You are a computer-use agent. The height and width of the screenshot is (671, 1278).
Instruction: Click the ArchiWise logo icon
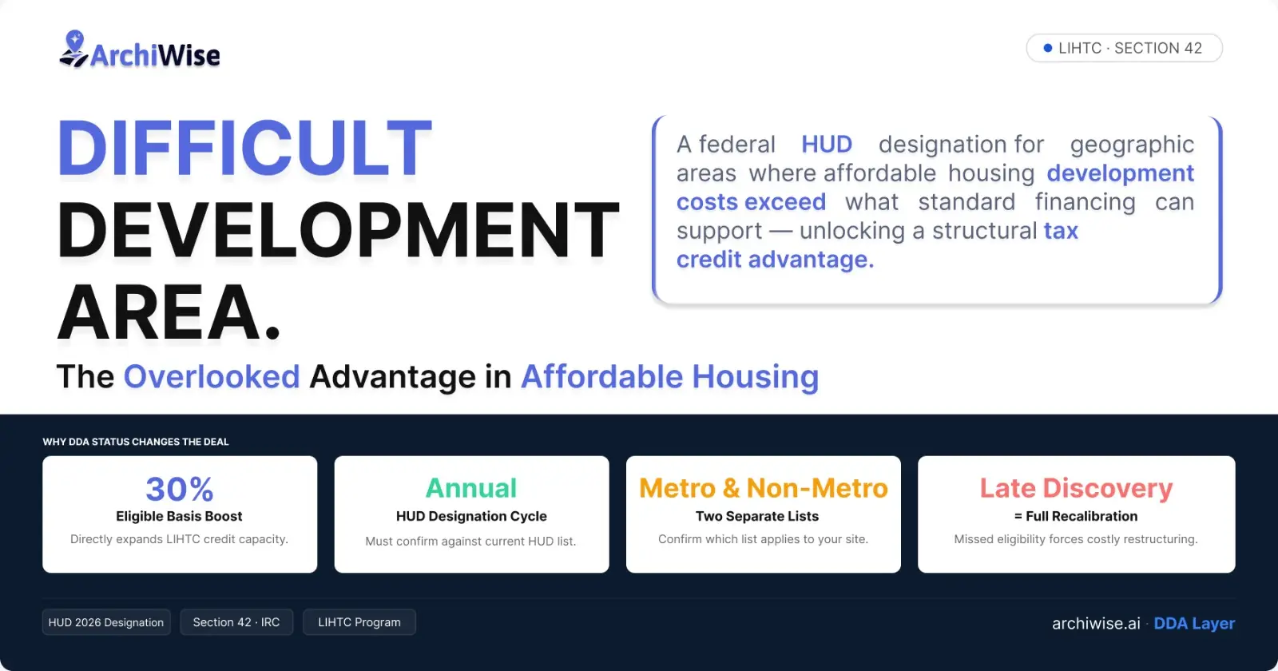click(73, 50)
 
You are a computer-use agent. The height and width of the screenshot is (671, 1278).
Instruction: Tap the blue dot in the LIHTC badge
click(1048, 49)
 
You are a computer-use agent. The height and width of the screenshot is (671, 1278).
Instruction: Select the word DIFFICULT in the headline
click(244, 149)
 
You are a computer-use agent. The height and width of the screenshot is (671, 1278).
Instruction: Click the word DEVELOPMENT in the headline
click(338, 231)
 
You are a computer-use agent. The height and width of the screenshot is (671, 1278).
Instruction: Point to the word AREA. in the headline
click(169, 313)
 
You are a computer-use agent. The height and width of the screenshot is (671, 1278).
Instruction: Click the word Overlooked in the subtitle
click(212, 377)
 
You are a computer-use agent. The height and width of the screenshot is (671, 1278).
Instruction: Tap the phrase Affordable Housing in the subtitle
click(669, 377)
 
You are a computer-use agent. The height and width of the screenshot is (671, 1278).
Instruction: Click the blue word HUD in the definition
click(827, 145)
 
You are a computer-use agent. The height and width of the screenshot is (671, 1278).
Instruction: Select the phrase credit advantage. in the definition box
click(775, 260)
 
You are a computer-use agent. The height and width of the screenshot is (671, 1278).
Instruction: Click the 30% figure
click(180, 488)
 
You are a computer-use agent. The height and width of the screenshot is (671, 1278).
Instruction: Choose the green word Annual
click(471, 488)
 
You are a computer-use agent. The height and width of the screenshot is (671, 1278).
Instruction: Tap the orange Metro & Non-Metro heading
click(764, 488)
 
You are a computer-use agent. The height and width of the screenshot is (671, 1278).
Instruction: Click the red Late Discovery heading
click(1076, 488)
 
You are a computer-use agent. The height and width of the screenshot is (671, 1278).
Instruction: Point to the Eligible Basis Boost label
click(179, 517)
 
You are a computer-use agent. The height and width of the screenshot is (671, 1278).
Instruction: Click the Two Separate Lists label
click(756, 517)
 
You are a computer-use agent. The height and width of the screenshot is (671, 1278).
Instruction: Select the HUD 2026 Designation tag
click(106, 622)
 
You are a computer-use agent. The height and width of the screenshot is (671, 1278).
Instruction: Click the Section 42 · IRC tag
click(236, 622)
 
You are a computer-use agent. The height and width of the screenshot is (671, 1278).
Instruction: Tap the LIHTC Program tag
click(359, 622)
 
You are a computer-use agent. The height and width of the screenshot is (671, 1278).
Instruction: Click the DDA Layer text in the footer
click(1194, 624)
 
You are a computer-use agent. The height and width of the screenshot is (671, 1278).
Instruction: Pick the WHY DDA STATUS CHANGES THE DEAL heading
click(136, 442)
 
